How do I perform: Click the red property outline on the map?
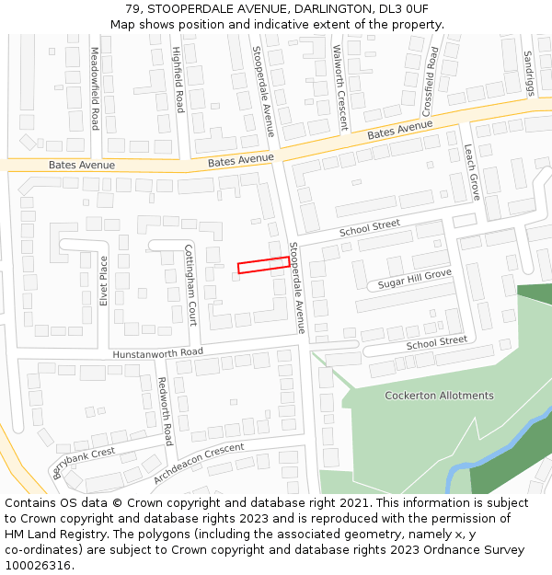tap(263, 265)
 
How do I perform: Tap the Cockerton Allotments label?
tap(439, 396)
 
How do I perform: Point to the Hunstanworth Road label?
tap(157, 352)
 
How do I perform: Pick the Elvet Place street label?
tap(104, 282)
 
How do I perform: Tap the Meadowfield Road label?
tap(95, 88)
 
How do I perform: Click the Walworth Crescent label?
tap(339, 75)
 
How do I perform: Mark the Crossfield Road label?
tap(431, 76)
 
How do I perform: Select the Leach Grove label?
tap(471, 172)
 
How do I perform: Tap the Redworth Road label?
tap(165, 410)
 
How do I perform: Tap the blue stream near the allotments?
tap(497, 443)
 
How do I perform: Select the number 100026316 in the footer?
tap(38, 566)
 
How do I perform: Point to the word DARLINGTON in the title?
tap(323, 9)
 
